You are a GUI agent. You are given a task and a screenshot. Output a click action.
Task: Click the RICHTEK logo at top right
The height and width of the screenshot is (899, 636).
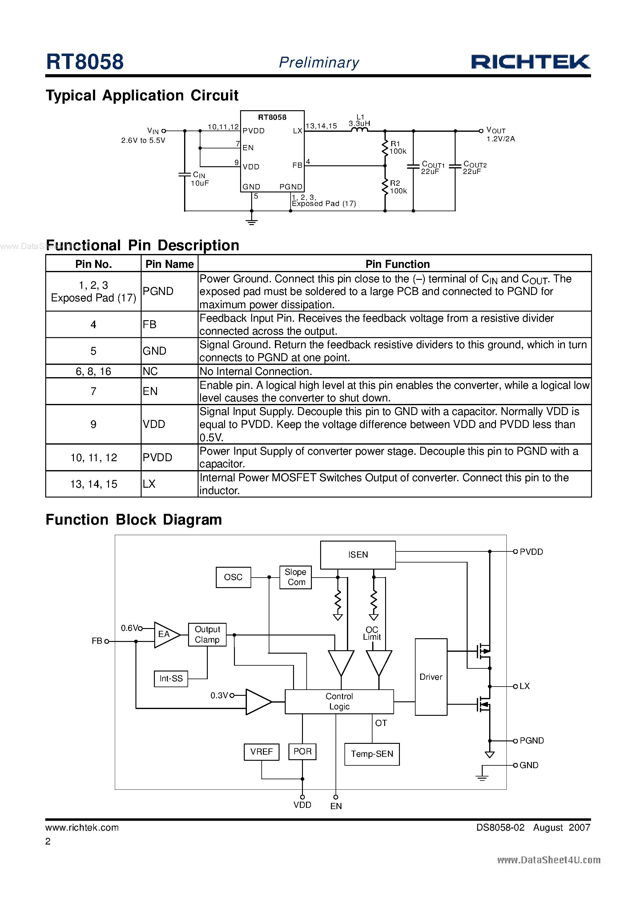pyautogui.click(x=530, y=62)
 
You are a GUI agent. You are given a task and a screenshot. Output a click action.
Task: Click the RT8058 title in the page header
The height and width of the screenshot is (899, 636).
pyautogui.click(x=85, y=62)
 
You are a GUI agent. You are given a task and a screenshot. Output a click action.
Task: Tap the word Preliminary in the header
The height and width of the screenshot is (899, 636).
pyautogui.click(x=319, y=62)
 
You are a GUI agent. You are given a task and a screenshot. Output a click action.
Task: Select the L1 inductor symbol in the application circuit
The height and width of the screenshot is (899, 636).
pyautogui.click(x=360, y=130)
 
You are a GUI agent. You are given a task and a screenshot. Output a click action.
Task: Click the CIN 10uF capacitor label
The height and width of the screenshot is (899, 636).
pyautogui.click(x=199, y=179)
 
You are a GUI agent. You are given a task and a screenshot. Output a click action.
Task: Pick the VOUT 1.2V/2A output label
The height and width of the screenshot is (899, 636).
pyautogui.click(x=500, y=134)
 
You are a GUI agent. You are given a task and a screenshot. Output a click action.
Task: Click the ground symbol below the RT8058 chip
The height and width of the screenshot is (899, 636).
pyautogui.click(x=252, y=222)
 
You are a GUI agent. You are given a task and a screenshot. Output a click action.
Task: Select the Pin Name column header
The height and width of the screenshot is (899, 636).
pyautogui.click(x=169, y=264)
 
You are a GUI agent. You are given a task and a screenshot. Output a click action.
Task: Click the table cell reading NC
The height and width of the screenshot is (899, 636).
pyautogui.click(x=151, y=371)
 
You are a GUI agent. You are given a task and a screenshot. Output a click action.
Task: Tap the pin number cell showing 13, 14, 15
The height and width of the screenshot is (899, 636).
pyautogui.click(x=94, y=484)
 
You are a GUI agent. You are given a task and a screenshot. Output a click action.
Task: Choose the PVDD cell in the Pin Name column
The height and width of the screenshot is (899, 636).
pyautogui.click(x=157, y=457)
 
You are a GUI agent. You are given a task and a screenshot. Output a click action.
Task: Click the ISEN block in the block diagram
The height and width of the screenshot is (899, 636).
pyautogui.click(x=357, y=554)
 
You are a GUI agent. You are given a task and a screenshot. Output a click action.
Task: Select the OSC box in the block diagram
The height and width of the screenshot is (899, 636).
pyautogui.click(x=233, y=577)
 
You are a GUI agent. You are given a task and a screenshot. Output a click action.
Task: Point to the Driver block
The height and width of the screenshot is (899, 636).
pyautogui.click(x=431, y=677)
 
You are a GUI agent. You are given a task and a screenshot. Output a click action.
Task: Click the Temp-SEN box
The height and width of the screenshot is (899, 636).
pyautogui.click(x=372, y=754)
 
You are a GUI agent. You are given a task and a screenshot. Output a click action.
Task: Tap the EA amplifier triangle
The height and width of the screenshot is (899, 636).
pyautogui.click(x=165, y=634)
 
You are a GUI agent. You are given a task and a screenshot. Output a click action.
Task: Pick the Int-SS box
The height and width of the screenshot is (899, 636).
pyautogui.click(x=171, y=679)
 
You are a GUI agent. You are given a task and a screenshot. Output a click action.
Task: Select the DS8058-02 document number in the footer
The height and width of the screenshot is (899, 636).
pyautogui.click(x=500, y=827)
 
